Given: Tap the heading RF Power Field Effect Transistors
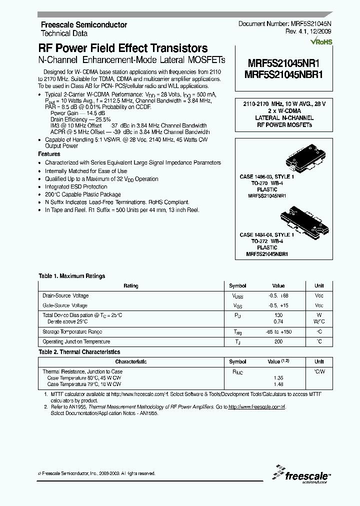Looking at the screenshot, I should (x=123, y=48).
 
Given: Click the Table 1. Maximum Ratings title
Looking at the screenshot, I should (x=72, y=276).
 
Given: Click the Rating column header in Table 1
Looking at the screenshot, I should (x=131, y=286).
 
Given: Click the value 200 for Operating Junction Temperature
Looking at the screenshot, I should (x=278, y=341).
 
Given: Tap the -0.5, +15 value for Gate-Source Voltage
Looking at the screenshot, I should (x=278, y=305).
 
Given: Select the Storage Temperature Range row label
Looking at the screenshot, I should (x=72, y=331).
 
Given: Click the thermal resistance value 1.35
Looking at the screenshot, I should (x=278, y=378).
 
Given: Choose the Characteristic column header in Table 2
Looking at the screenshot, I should (x=131, y=361).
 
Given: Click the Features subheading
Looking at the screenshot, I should (x=49, y=154).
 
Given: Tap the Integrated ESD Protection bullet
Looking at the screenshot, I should (x=75, y=186).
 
